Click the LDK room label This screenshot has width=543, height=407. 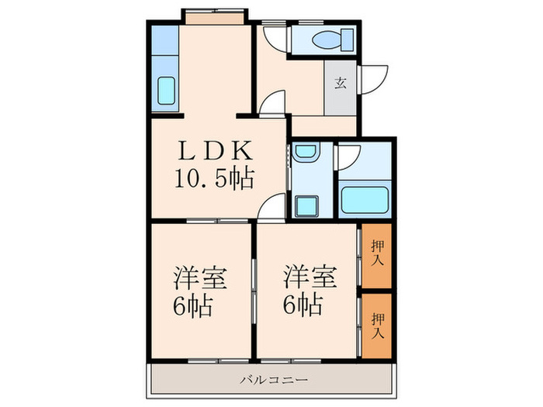coord(212,148)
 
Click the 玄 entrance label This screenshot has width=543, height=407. coord(341,83)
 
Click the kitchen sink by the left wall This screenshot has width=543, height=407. coord(166,91)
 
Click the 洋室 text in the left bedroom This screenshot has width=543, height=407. coord(194,277)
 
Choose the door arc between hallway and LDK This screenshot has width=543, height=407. coord(271,103)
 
